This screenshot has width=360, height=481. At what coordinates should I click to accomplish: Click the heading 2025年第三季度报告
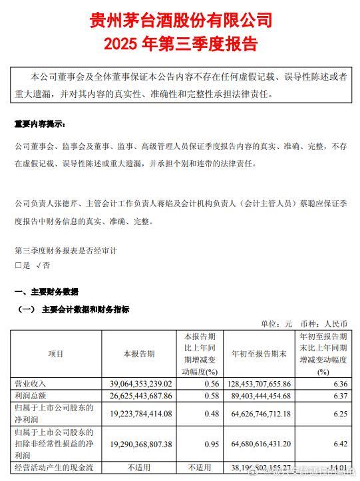[180, 44]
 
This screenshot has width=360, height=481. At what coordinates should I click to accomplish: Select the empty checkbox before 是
[18, 265]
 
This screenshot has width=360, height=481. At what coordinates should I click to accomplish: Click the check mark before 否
[39, 265]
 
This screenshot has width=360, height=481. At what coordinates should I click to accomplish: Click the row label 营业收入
[31, 384]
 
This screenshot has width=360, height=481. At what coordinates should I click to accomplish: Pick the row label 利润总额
[31, 396]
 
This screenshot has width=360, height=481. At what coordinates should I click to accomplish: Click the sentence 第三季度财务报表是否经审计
[66, 251]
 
